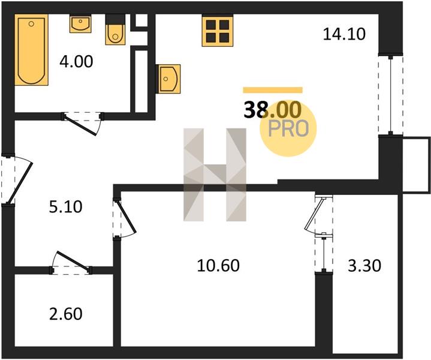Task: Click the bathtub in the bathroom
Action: (31, 50)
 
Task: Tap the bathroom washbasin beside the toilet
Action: (80, 24)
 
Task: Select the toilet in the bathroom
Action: (115, 30)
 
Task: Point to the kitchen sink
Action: (168, 79)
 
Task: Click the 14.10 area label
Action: (344, 34)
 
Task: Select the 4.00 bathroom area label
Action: (76, 61)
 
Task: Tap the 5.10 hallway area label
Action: (66, 207)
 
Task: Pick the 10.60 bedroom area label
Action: (218, 266)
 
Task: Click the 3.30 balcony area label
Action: (364, 266)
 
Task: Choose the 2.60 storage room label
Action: (66, 314)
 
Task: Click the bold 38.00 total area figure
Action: (273, 110)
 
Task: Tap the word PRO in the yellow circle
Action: (288, 128)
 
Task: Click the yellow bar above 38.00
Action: (273, 90)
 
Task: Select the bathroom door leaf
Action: (80, 125)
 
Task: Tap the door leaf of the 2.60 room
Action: (73, 260)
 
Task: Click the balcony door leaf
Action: (314, 214)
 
